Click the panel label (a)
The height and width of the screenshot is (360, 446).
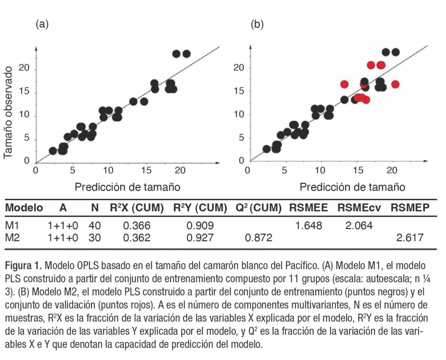[41, 24]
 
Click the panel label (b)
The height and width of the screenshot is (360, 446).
[257, 24]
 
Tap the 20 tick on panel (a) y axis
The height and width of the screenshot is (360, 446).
[24, 69]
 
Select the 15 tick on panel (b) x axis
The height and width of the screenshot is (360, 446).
[358, 170]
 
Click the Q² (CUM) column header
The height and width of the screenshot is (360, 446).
[255, 208]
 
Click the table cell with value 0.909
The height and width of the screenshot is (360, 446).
[200, 226]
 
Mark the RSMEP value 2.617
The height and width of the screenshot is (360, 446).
[409, 238]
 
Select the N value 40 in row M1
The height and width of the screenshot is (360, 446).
[95, 226]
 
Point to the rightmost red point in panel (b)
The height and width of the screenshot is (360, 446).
[395, 84]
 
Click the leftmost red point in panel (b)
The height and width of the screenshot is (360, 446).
[345, 84]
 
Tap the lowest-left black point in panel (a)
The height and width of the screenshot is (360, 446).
[53, 151]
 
